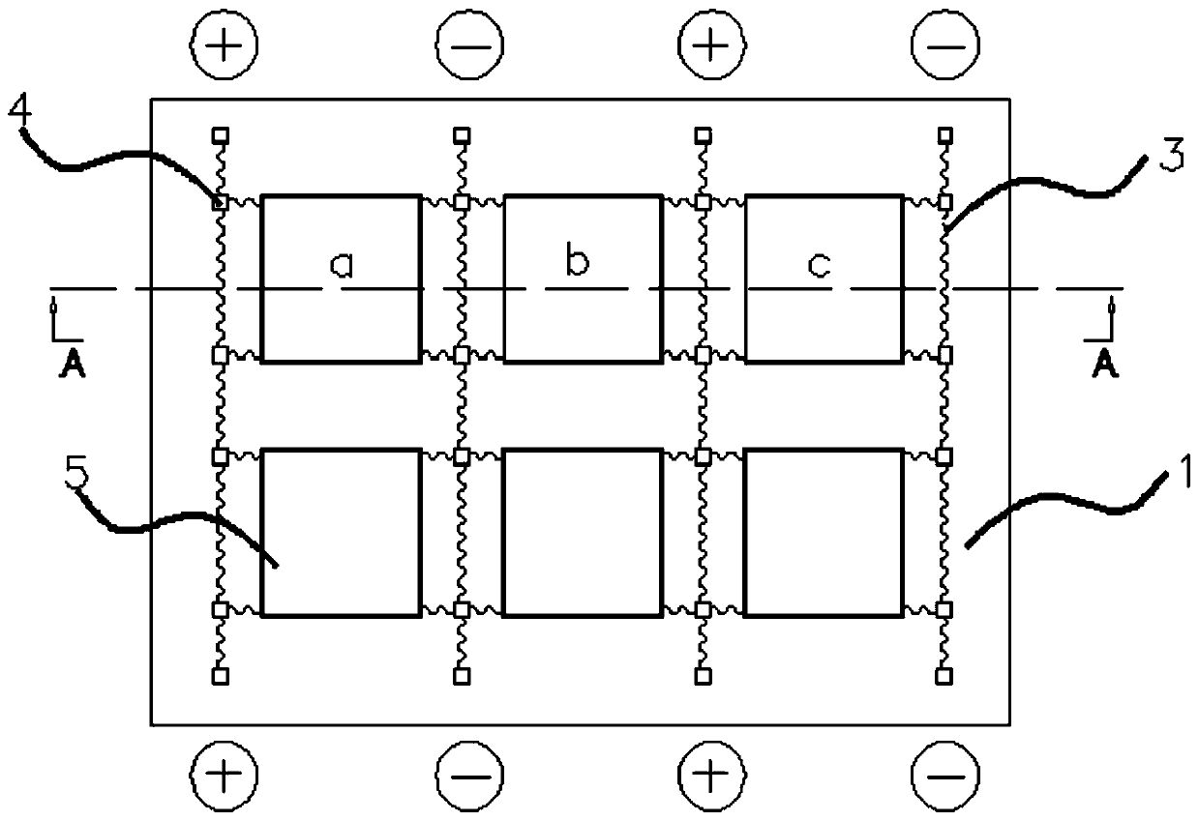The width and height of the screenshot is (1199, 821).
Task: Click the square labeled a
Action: point(341,279)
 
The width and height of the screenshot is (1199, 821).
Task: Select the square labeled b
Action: point(583,279)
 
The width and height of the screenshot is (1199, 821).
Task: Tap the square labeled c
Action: point(824,279)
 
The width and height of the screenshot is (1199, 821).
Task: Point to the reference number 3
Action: point(1168,157)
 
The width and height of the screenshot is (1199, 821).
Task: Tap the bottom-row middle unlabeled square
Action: point(583,532)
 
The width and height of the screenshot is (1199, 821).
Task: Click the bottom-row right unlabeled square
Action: point(824,532)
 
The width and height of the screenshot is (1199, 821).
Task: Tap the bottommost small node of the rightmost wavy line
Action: point(944,675)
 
